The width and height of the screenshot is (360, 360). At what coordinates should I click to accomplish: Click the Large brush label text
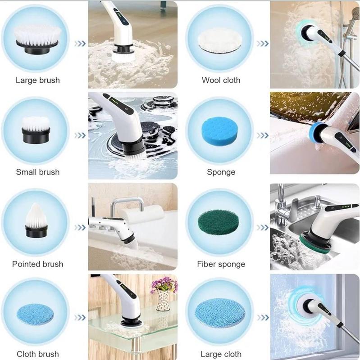click(38, 81)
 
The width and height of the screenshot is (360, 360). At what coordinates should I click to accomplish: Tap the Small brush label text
click(38, 172)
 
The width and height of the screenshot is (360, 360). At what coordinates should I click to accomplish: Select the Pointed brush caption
click(38, 264)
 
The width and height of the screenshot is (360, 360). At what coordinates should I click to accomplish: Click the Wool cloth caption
click(221, 80)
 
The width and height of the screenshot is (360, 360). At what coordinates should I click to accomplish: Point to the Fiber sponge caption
click(221, 264)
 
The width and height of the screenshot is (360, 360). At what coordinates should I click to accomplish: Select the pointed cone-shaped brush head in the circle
click(36, 220)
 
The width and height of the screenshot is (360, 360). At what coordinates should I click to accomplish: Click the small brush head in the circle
click(36, 130)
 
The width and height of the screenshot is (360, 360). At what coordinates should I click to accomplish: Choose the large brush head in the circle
click(38, 40)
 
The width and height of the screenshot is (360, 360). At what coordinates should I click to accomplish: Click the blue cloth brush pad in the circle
click(35, 314)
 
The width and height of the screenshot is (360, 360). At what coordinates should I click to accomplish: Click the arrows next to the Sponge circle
click(262, 135)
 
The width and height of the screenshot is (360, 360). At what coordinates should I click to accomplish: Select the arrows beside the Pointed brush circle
click(80, 228)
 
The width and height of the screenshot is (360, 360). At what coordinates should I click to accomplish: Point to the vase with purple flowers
click(164, 294)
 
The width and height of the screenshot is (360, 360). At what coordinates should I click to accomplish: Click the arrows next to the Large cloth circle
click(262, 318)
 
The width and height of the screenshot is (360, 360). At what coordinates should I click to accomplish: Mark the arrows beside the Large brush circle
click(80, 43)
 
